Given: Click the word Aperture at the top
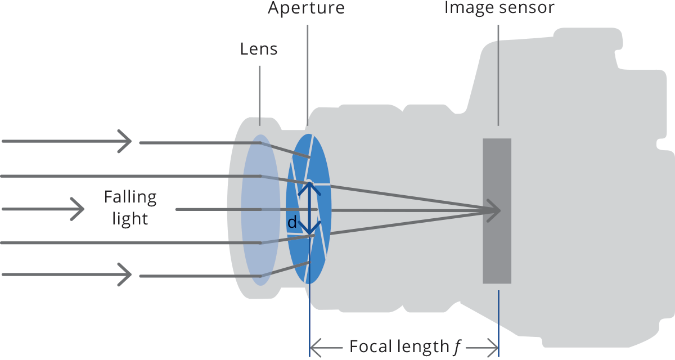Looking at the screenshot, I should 306,8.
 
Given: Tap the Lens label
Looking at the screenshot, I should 259,49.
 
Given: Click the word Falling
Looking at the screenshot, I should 130,197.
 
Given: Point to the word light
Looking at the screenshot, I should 130,218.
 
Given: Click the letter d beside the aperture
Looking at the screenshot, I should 292,223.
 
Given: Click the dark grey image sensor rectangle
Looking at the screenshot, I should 497,247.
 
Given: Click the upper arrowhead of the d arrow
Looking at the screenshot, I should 309,186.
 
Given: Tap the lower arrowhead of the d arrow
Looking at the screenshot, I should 309,231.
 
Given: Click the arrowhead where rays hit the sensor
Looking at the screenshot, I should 496,211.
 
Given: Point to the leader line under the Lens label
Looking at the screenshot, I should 260,96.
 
